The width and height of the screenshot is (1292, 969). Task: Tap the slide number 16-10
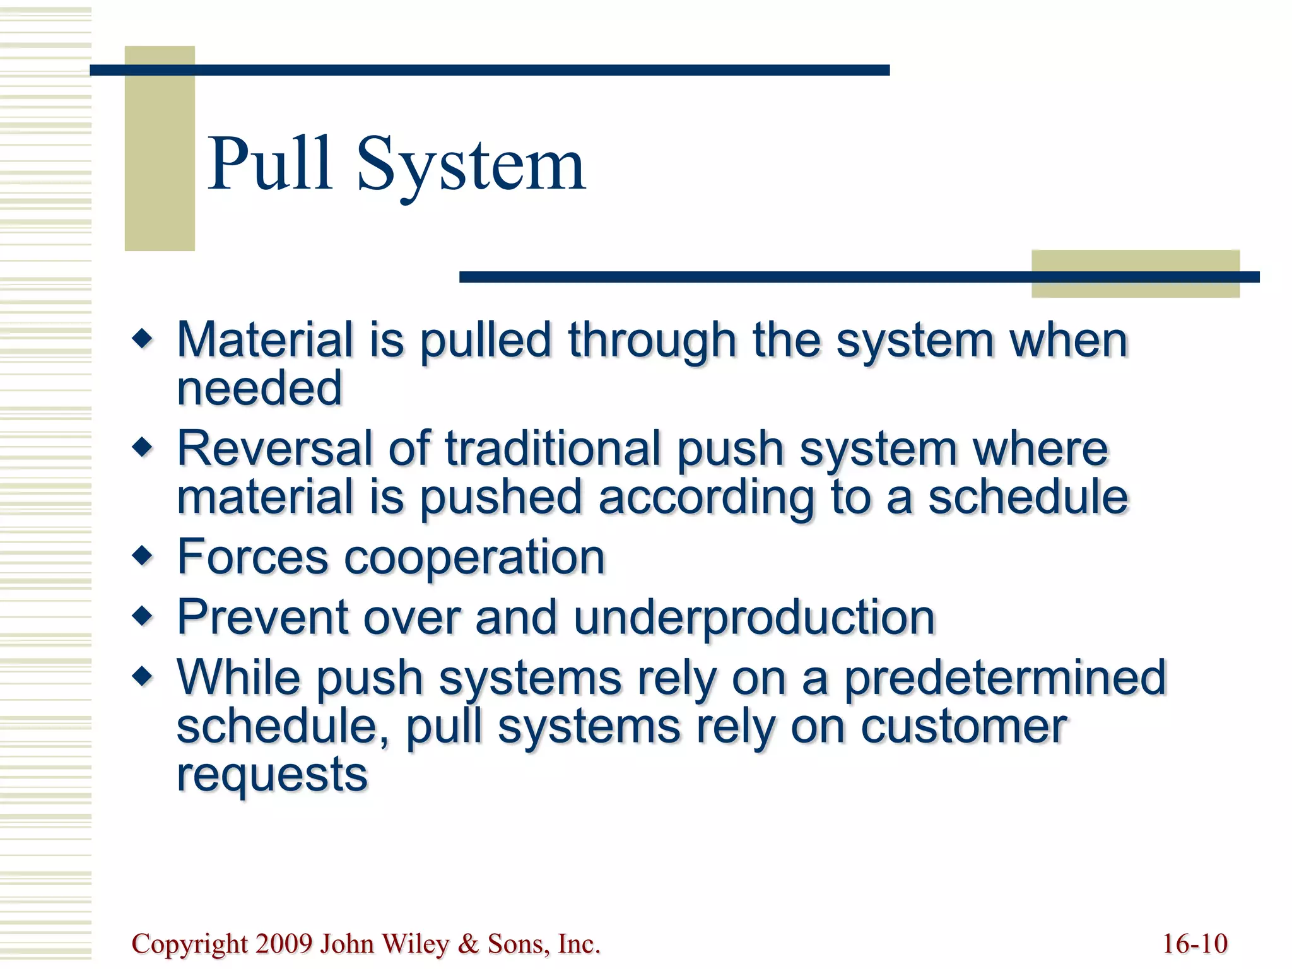point(1195,944)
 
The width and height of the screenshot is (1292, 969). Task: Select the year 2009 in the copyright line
point(284,944)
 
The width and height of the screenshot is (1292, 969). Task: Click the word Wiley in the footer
point(416,944)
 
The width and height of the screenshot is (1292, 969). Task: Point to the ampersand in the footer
point(468,944)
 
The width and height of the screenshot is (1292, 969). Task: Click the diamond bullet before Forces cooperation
point(143,556)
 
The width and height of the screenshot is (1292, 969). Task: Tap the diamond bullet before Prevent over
point(143,616)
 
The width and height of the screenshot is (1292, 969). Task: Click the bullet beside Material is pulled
point(143,339)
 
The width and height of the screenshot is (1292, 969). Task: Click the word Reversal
point(275,448)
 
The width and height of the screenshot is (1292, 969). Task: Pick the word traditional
point(553,448)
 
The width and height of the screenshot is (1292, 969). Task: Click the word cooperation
point(474,557)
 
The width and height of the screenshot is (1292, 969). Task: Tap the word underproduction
point(754,617)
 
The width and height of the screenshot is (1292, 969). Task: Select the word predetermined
point(1005,678)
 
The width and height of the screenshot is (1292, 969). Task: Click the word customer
point(963,726)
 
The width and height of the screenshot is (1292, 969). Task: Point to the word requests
point(272,775)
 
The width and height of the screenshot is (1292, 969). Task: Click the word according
point(707,497)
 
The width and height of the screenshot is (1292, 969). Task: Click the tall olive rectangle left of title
point(160,148)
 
